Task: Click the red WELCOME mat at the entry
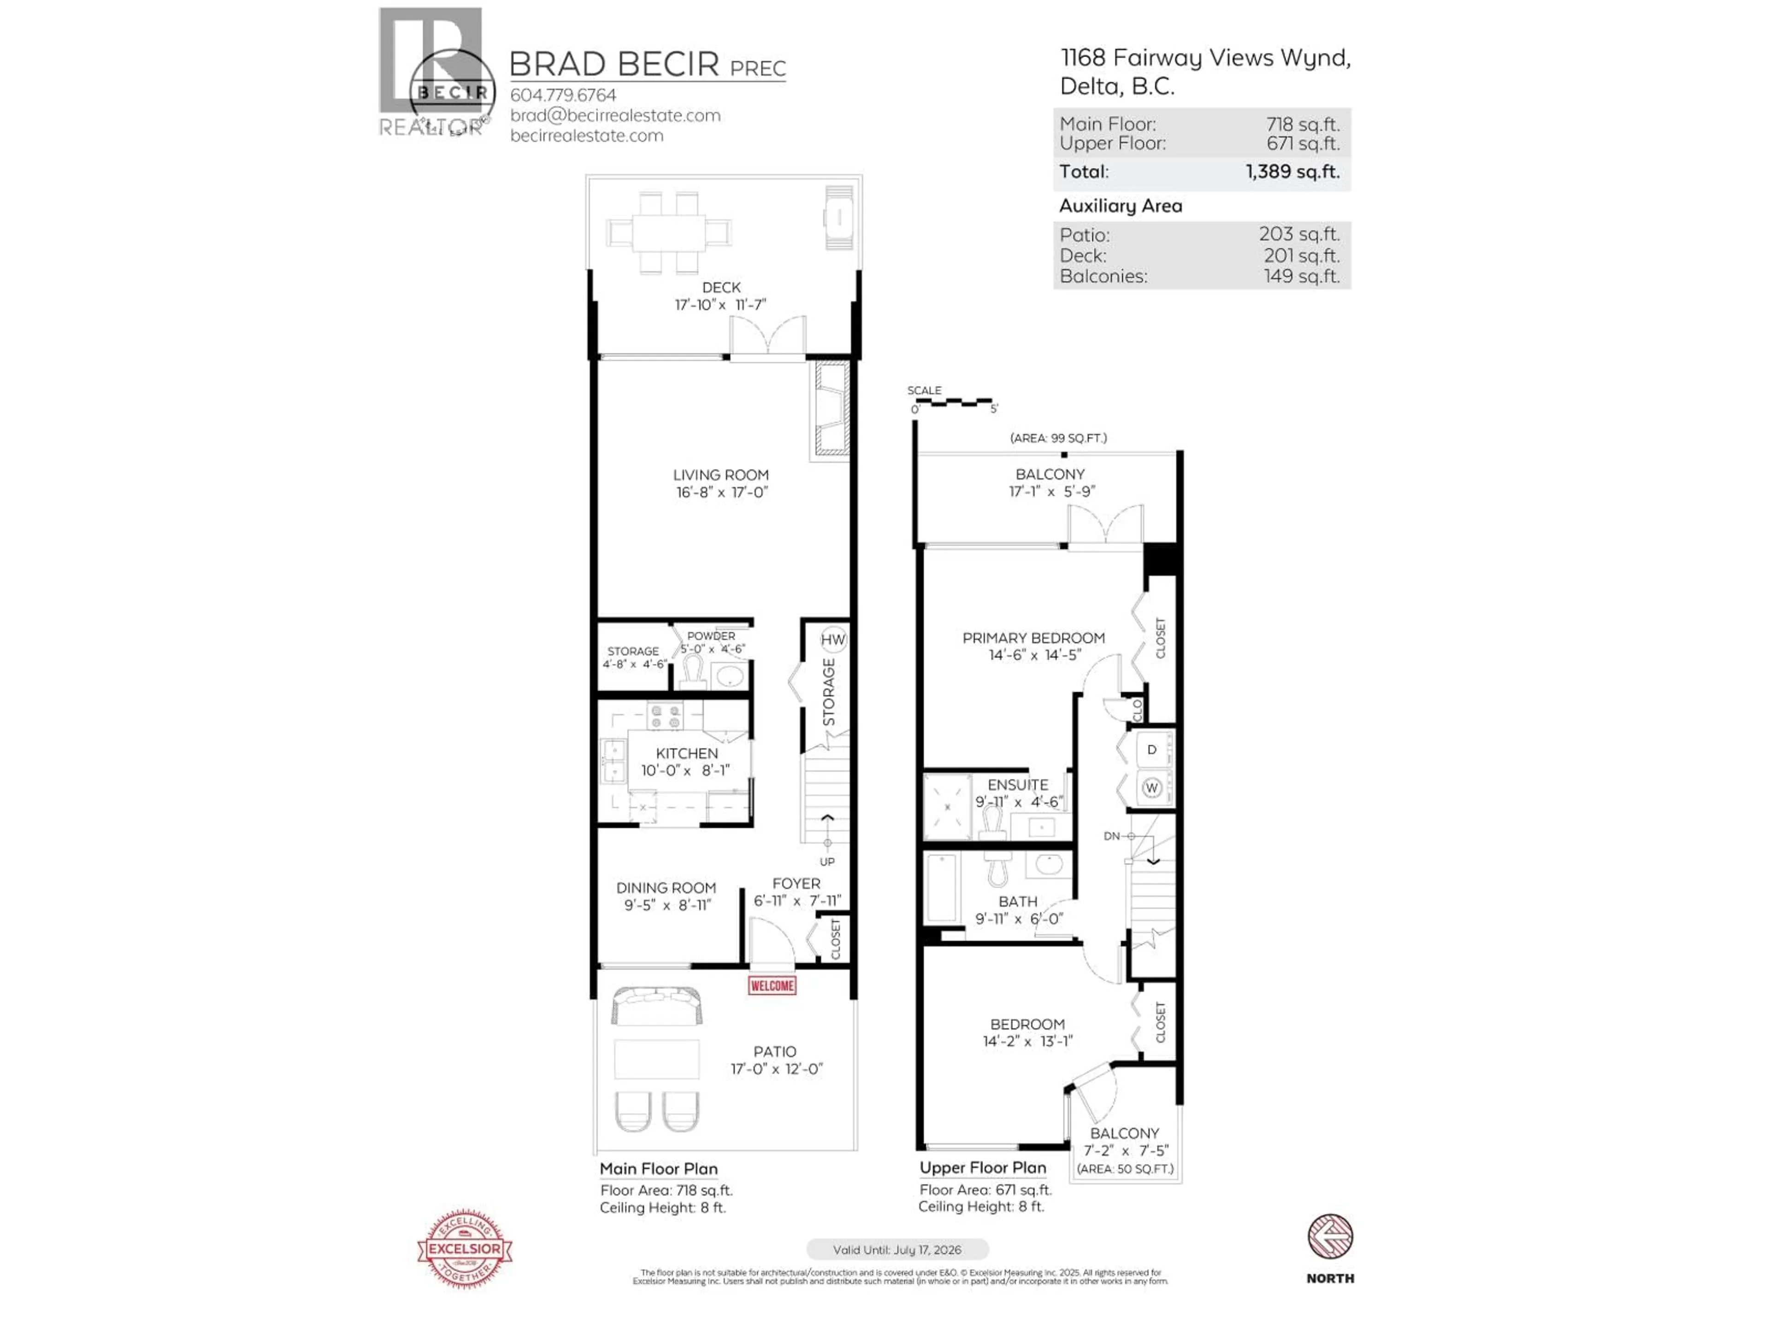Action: pyautogui.click(x=771, y=985)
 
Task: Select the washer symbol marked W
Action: pyautogui.click(x=1151, y=788)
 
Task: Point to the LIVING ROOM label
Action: pyautogui.click(x=720, y=474)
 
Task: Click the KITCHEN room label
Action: pyautogui.click(x=686, y=753)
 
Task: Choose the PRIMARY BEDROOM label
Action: pyautogui.click(x=1033, y=638)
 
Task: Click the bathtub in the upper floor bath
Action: pyautogui.click(x=942, y=889)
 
